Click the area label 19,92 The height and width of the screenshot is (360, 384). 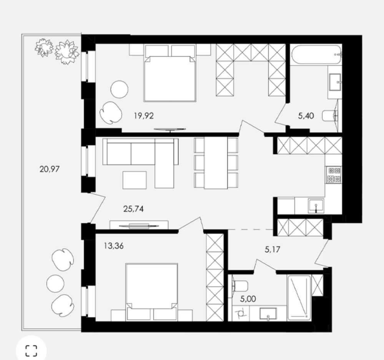[144, 115]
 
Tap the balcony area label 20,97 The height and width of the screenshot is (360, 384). [50, 169]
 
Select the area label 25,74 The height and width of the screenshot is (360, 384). [133, 209]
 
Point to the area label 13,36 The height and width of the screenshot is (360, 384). [113, 245]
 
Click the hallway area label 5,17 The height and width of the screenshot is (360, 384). [272, 250]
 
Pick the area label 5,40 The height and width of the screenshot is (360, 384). [306, 116]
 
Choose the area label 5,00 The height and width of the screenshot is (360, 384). [248, 299]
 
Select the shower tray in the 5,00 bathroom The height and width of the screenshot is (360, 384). [299, 298]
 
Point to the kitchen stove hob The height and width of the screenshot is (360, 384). [334, 175]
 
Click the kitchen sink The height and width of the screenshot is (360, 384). [316, 205]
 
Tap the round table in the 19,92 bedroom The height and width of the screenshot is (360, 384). [119, 89]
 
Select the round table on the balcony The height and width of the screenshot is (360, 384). [55, 283]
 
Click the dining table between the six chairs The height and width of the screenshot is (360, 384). [216, 163]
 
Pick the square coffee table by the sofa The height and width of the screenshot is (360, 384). [135, 180]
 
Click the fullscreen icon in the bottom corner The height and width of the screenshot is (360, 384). [31, 351]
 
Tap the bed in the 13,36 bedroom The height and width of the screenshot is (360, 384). [151, 292]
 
